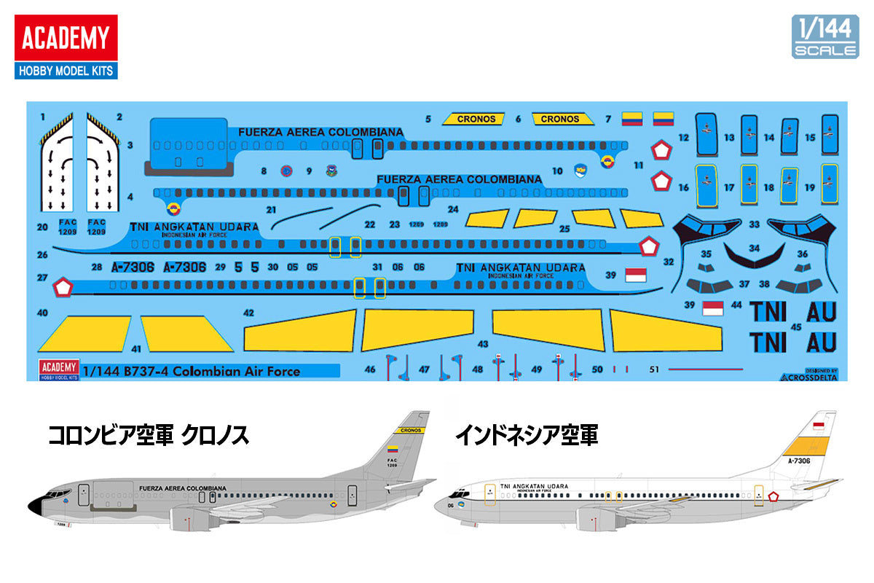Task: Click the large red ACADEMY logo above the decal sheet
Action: pos(66,38)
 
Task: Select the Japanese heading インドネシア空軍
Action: pos(526,435)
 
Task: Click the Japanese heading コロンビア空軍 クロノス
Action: pos(149,435)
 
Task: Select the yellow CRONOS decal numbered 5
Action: pos(476,119)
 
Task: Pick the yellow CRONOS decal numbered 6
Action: pos(560,119)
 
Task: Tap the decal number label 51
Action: pos(653,369)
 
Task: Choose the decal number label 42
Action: pos(248,313)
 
